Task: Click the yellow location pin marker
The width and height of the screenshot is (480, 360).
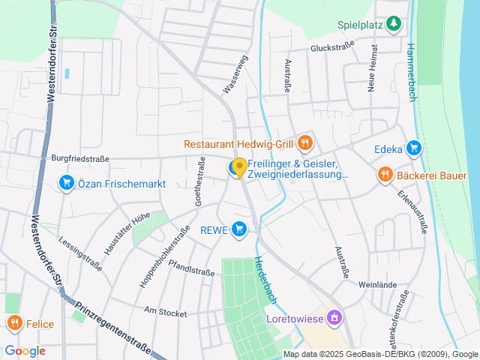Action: (x=239, y=168)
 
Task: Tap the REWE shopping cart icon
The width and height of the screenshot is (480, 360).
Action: (x=239, y=229)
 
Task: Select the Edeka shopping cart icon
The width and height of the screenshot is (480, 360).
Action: (x=412, y=148)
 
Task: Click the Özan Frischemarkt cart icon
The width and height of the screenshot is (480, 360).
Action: (x=67, y=182)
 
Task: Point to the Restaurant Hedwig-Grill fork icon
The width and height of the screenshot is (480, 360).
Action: (x=304, y=142)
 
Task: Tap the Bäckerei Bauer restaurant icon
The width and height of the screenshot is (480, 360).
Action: (x=384, y=175)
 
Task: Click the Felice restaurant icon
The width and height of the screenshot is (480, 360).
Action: (x=14, y=323)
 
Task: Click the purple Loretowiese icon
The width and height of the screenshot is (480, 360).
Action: (x=335, y=317)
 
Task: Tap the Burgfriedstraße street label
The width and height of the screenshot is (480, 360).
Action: (x=80, y=159)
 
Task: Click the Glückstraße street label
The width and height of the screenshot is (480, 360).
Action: (x=332, y=48)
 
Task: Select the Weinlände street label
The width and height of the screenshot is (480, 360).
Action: (x=376, y=285)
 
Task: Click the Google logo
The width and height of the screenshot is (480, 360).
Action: (x=25, y=350)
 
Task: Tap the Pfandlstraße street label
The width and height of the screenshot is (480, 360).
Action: (x=192, y=268)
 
